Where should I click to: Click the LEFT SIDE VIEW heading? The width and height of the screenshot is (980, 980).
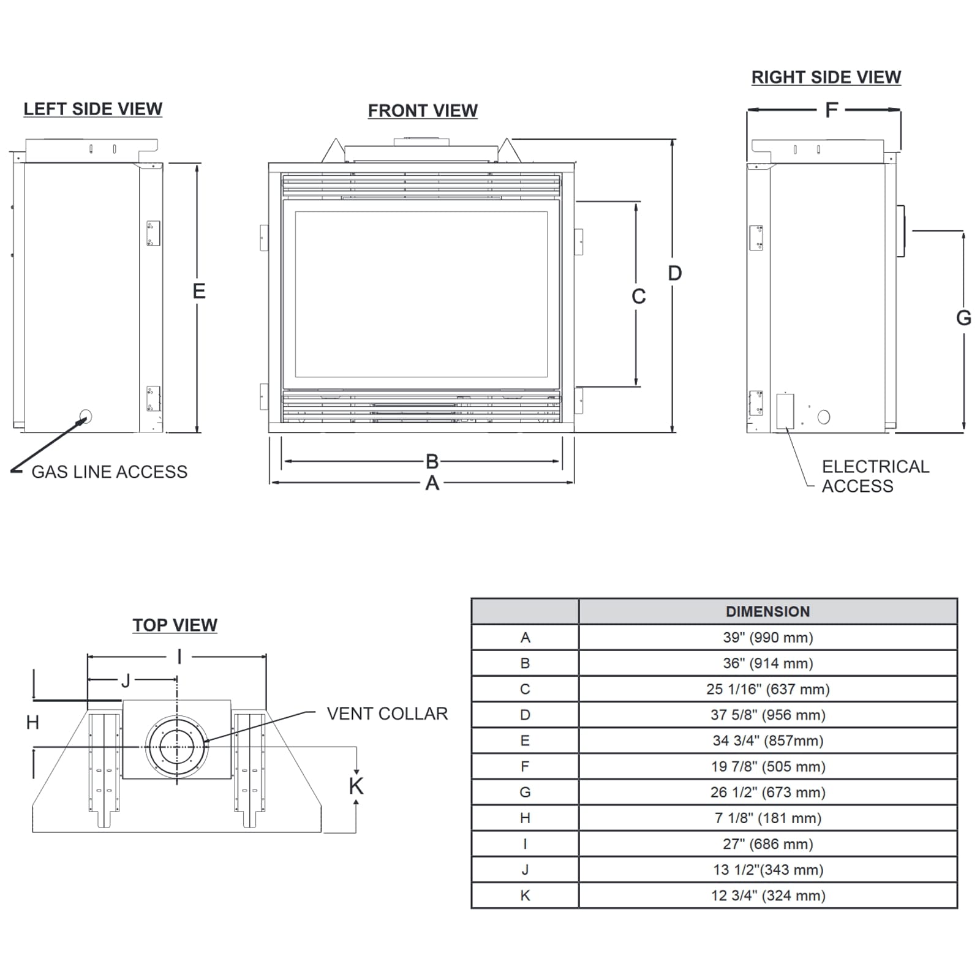point(93,109)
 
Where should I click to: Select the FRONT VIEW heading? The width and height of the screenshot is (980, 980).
point(423,111)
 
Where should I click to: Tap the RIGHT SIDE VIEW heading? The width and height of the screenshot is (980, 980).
point(826,77)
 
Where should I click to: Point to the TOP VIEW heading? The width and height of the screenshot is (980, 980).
point(175,625)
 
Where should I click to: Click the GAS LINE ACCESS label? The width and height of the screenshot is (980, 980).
point(110,472)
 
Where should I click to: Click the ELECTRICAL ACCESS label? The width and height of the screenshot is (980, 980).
point(875,477)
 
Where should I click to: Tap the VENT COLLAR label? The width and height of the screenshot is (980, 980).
point(387,714)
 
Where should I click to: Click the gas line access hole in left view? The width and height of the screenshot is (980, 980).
point(86,417)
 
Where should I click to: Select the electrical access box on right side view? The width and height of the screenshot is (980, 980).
point(785,411)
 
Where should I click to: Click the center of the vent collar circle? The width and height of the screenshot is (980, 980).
point(177,747)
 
